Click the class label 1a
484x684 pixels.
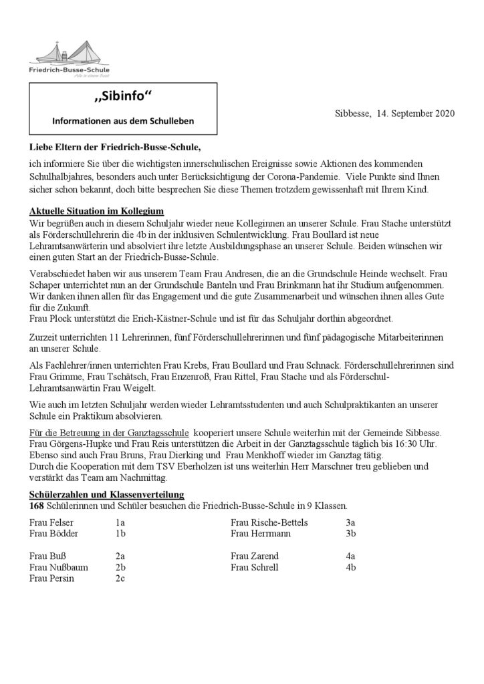coord(120,522)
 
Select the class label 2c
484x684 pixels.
coord(120,578)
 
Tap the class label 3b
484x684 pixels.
coord(350,533)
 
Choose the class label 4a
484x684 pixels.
coord(350,556)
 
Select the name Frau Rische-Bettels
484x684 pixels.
coord(269,522)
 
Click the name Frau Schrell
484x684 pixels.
coord(255,567)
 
